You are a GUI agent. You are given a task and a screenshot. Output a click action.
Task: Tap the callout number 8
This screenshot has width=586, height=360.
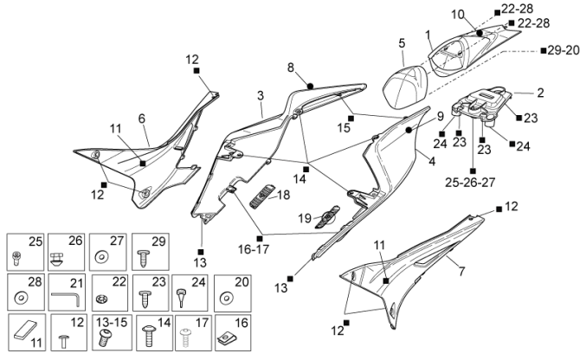[291, 67]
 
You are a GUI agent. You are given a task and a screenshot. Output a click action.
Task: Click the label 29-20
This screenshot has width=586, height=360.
[563, 51]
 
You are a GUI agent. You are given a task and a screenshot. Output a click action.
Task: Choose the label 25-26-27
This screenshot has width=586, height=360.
[472, 183]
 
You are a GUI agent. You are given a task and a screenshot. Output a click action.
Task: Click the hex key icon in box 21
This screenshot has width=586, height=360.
[66, 297]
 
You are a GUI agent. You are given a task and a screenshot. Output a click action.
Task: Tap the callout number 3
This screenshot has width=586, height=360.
[260, 94]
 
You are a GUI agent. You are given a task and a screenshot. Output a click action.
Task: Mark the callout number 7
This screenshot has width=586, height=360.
[461, 272]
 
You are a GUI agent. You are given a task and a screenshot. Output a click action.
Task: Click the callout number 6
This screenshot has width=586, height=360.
[142, 119]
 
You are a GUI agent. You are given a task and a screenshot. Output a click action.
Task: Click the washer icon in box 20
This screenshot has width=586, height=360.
[228, 298]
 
